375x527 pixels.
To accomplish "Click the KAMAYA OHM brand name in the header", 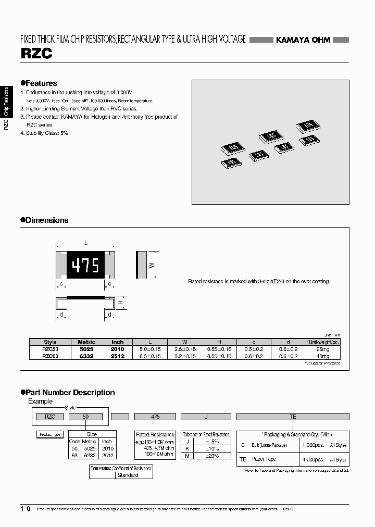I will coord(303,40).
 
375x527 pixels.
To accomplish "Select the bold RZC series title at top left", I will coord(36,54).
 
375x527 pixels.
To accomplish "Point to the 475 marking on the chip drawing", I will coord(85,266).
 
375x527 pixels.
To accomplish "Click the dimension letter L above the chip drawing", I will coord(86,243).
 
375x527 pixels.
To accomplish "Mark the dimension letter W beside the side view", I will coord(152,265).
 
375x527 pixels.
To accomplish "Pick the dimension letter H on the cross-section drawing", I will coord(120,303).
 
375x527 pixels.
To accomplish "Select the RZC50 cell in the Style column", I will coord(50,349).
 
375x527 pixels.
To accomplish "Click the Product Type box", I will coord(50,434).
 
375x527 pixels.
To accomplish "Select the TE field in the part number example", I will coord(293,417).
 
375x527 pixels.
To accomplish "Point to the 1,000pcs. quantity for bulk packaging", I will coord(313,446).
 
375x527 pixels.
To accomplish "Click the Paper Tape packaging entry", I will coord(264,459).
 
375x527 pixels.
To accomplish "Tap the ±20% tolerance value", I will coord(211,456).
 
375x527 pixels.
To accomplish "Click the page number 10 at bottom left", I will coord(25,508).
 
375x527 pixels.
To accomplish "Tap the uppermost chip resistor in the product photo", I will coord(308,126).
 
